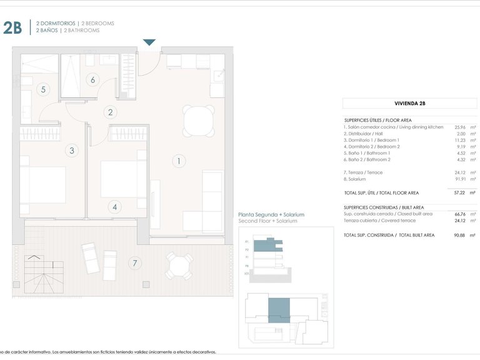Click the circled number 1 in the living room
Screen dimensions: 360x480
(178, 161)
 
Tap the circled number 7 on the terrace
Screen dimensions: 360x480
(134, 262)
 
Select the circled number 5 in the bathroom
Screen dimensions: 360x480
(43, 89)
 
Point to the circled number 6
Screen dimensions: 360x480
(92, 79)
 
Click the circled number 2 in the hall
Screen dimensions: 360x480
(111, 112)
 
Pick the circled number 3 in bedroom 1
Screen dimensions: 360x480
(72, 150)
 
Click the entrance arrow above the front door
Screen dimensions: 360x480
(149, 42)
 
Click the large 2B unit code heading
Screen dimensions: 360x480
(12, 27)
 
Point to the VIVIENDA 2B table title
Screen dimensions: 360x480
(410, 104)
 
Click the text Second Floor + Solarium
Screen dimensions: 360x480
(267, 221)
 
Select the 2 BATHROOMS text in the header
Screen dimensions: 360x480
(81, 30)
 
